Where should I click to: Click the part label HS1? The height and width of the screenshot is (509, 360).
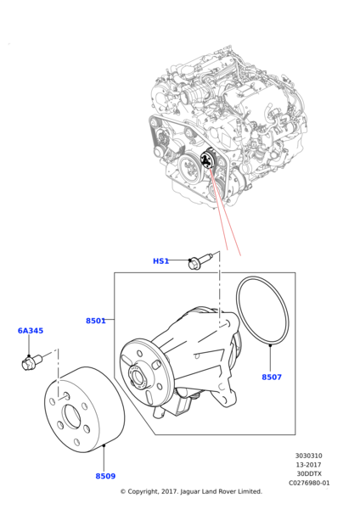click(160, 261)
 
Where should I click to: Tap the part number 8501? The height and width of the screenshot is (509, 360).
click(95, 321)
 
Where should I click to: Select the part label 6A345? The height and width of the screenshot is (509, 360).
click(31, 331)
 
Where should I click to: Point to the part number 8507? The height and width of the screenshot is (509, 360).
click(272, 377)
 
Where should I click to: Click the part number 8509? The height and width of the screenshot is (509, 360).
click(105, 476)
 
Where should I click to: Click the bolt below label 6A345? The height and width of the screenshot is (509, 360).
click(30, 362)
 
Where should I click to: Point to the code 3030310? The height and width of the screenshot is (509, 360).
click(308, 456)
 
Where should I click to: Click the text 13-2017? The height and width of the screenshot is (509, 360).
click(308, 465)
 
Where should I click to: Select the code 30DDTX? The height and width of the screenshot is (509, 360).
click(308, 474)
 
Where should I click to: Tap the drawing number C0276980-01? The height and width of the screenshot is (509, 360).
click(308, 484)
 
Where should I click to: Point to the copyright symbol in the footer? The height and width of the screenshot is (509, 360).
click(122, 491)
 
